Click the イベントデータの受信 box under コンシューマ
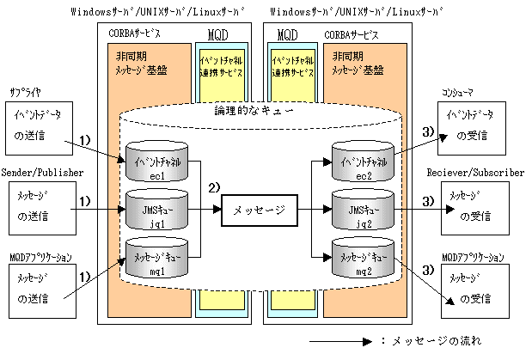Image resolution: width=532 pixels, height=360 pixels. click(x=474, y=125)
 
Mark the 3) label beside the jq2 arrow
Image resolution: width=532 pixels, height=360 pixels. click(x=427, y=202)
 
